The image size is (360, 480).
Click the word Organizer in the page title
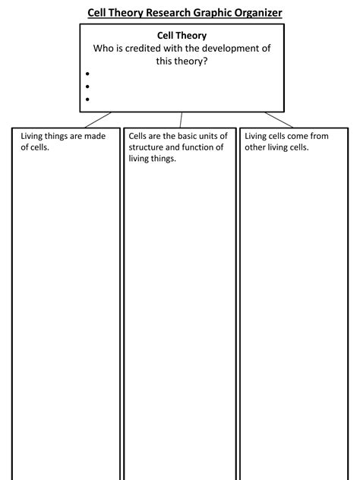tap(250, 12)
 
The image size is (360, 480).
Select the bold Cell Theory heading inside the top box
tap(182, 36)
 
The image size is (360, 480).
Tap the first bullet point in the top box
tap(88, 74)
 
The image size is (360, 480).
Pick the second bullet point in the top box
tap(88, 87)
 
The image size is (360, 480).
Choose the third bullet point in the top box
tap(88, 99)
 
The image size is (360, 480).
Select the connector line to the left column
tap(98, 119)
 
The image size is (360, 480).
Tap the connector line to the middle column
tap(181, 120)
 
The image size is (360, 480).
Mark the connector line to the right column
tap(279, 119)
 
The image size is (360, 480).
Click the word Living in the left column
tap(33, 137)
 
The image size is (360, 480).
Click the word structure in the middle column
tap(147, 147)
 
